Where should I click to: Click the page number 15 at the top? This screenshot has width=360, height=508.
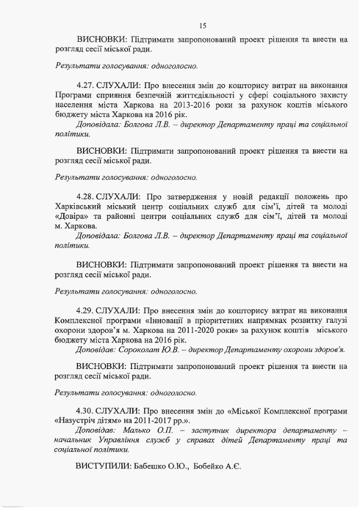[x=203, y=25]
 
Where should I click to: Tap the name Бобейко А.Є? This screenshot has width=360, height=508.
[x=217, y=468]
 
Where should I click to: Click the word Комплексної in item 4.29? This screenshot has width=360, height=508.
[x=80, y=320]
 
